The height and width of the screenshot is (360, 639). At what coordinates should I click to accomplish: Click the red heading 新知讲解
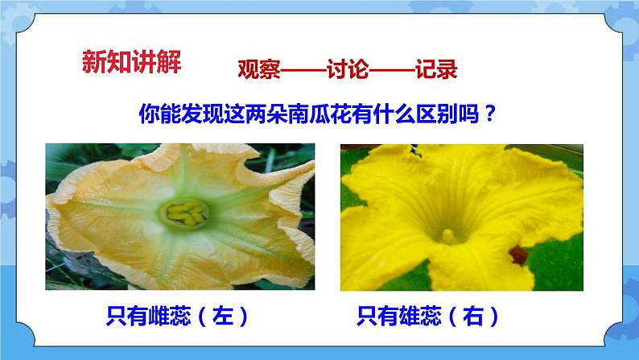pos(132,61)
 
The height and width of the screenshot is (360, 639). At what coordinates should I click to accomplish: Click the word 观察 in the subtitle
pos(258,70)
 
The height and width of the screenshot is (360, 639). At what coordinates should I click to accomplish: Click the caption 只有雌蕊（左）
pos(179,316)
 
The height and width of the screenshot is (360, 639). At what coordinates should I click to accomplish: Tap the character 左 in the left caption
pos(219,316)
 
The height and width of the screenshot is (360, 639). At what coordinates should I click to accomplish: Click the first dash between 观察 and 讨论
pos(303,70)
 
